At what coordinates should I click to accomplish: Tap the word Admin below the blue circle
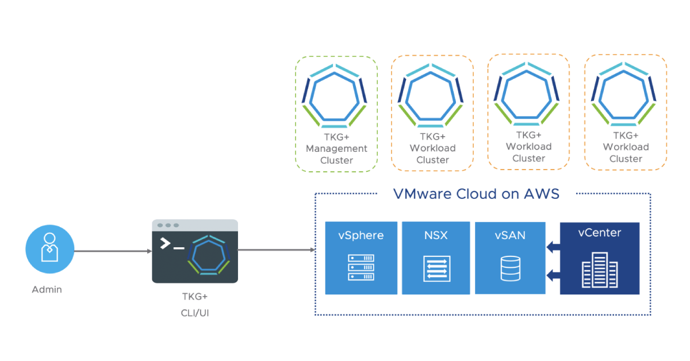coord(47,289)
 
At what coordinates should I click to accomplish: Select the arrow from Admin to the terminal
coord(113,251)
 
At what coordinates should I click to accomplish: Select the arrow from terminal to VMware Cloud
coord(277,250)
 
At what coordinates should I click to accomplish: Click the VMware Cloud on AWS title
coord(476,194)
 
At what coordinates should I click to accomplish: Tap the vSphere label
coord(361,235)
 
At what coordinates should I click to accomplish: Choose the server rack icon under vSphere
coord(361,268)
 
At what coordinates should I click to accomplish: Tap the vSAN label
coord(510,235)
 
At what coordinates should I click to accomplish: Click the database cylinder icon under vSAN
coord(510,268)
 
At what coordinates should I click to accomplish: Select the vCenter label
coord(600,233)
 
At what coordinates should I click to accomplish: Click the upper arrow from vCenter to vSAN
coord(553,248)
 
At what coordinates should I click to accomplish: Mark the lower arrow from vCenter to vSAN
coord(553,275)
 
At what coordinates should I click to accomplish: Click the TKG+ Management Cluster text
coord(336,148)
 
